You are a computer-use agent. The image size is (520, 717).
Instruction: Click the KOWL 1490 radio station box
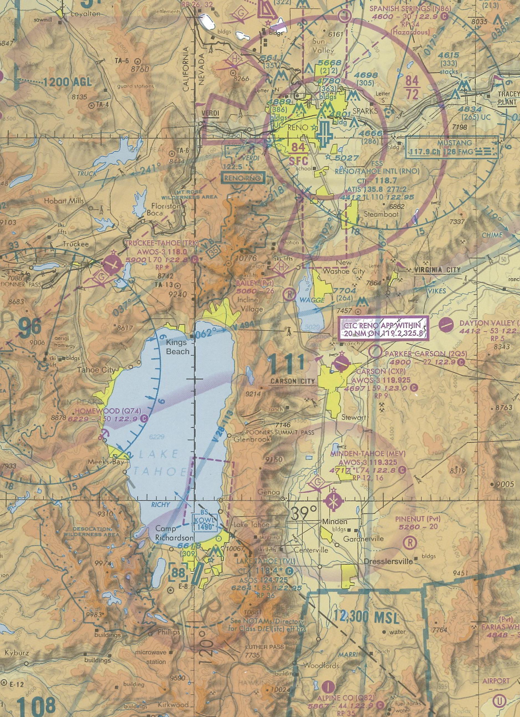coord(206,524)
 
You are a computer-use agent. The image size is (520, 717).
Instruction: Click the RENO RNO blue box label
coord(243,178)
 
